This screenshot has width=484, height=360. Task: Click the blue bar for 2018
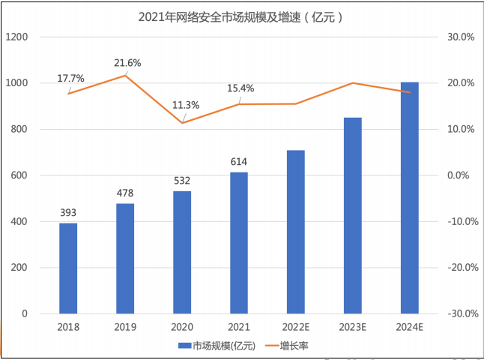(x=68, y=268)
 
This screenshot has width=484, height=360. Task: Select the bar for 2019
(x=125, y=258)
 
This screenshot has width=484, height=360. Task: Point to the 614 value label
(x=239, y=162)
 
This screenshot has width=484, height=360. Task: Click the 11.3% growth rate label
(x=186, y=105)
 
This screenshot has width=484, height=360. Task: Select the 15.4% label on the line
(x=241, y=88)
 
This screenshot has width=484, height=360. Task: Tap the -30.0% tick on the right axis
(x=461, y=313)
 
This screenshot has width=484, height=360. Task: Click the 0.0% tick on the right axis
(x=462, y=175)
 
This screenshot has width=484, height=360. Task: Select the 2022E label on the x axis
(x=296, y=328)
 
